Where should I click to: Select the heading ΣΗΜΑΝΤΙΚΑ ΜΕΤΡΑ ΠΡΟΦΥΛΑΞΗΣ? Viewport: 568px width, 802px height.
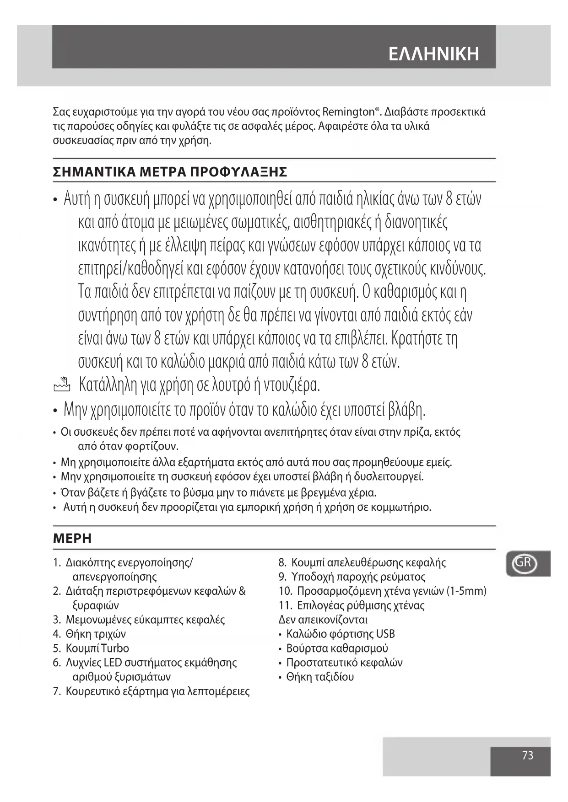tap(170, 172)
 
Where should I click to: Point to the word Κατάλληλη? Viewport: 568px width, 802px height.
tap(108, 385)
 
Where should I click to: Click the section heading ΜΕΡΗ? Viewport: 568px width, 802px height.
tap(72, 539)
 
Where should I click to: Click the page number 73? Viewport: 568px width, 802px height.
tap(527, 755)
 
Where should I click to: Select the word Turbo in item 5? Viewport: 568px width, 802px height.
tap(115, 648)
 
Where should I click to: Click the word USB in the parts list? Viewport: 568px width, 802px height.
tap(385, 634)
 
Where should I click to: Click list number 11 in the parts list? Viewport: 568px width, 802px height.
tap(285, 606)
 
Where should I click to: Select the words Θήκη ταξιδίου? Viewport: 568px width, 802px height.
tap(320, 677)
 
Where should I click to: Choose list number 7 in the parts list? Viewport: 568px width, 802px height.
tap(56, 691)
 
